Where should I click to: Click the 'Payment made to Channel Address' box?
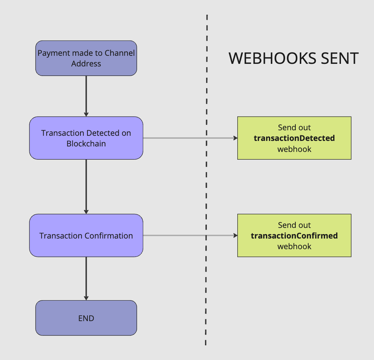(86, 58)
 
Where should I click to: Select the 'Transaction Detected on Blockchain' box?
(86, 138)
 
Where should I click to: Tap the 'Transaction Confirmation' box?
(86, 236)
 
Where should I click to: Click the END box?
(86, 318)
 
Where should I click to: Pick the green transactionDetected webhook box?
(294, 138)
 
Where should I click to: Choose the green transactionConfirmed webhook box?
(294, 236)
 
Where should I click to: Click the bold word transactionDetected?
(294, 138)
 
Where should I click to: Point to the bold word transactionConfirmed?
(294, 236)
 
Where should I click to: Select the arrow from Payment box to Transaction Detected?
(86, 95)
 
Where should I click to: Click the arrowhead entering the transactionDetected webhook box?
(235, 138)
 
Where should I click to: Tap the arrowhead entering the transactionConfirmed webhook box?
(235, 236)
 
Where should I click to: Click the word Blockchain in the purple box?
(86, 143)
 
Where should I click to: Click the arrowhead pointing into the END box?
(86, 298)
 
